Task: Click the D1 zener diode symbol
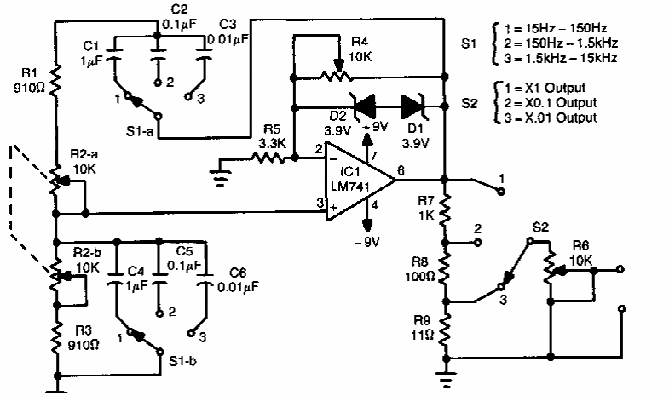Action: pos(413,106)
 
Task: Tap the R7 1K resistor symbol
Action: pos(444,206)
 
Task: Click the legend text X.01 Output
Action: pos(563,117)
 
